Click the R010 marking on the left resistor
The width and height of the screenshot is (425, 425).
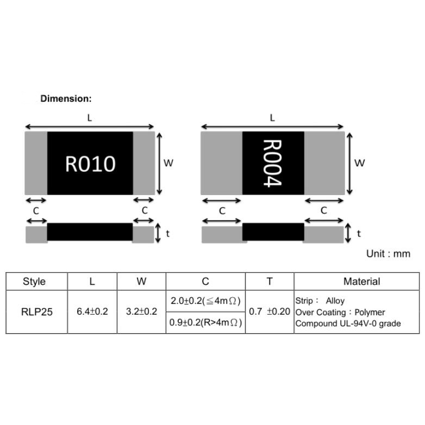point(90,164)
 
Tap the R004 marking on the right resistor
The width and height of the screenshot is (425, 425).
point(272,163)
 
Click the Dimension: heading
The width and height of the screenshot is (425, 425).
point(66,98)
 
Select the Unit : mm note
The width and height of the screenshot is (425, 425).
point(388,254)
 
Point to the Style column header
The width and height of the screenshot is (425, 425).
point(34,282)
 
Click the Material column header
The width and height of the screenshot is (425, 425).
point(361,282)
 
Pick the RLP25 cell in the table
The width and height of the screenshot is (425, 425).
point(37,312)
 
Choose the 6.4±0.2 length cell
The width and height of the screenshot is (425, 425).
point(92,311)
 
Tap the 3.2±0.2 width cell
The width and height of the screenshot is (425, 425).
point(141,311)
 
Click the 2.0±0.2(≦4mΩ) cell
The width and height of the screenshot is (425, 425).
point(205,301)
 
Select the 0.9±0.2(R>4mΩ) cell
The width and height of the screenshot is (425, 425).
point(205,322)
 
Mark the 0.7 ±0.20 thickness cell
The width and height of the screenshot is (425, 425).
point(270,311)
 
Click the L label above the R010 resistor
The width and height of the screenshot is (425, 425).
point(90,118)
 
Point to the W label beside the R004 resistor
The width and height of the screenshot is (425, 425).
point(359,163)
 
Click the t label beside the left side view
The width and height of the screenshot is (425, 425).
point(167,233)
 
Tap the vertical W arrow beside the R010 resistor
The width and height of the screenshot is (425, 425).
point(159,164)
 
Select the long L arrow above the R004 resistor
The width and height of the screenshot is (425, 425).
point(272,126)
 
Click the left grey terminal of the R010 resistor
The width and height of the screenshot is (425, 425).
point(36,163)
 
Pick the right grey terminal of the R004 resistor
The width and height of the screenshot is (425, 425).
point(324,163)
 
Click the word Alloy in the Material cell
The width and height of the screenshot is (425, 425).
point(335,301)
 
